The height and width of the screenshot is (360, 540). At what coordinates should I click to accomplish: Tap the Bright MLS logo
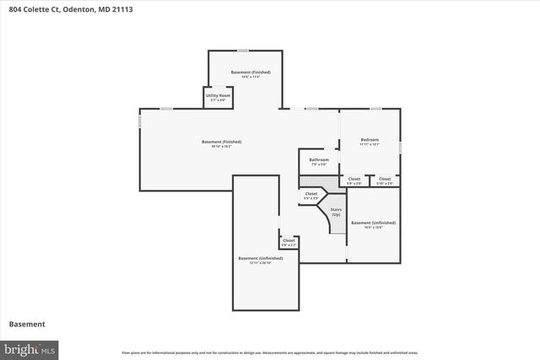[x=30, y=347]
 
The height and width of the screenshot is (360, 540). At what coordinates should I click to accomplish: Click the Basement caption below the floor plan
[x=27, y=324]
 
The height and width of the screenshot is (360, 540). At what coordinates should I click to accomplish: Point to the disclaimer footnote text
[x=270, y=352]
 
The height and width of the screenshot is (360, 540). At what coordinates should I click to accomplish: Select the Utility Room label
[x=218, y=95]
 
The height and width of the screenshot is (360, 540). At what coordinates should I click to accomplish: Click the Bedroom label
[x=370, y=139]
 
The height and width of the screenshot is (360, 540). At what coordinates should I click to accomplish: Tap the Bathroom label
[x=318, y=159]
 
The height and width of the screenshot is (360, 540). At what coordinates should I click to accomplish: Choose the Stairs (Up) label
[x=335, y=212]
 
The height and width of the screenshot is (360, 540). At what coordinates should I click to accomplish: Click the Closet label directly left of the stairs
[x=311, y=194]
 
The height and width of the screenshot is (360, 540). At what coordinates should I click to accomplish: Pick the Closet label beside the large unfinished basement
[x=289, y=241]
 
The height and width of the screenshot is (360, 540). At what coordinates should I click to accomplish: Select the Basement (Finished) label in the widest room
[x=222, y=142]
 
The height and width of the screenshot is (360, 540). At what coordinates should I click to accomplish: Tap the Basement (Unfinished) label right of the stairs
[x=373, y=223]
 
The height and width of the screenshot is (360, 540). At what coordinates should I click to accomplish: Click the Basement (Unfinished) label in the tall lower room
[x=260, y=258]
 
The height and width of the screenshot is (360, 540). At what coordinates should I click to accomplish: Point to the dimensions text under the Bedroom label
[x=370, y=145]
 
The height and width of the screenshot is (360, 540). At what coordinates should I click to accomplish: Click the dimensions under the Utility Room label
[x=218, y=100]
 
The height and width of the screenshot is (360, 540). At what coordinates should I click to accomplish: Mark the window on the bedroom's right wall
[x=400, y=148]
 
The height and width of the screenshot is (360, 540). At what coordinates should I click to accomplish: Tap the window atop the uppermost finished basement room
[x=243, y=51]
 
